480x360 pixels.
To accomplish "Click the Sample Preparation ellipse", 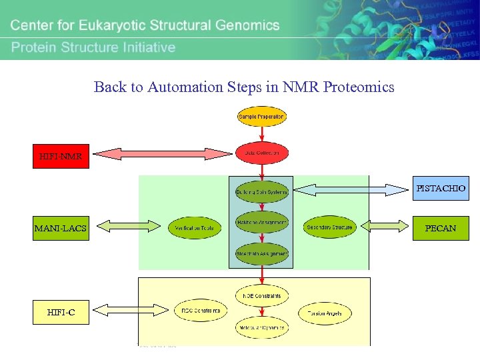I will pos(261,117).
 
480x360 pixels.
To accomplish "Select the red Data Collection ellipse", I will pos(262,153).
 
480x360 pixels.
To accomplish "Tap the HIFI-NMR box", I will pos(61,156).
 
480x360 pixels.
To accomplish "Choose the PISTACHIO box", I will pos(441,189).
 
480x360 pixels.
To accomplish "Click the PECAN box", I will pos(441,228).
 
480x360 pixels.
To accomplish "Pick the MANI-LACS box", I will pos(61,228).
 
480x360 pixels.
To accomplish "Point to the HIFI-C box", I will pos(61,312).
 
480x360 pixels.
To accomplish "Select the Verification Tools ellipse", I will pos(195,228).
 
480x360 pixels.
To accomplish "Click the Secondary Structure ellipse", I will pos(329,227).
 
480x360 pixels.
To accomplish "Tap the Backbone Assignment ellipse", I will pos(261,223).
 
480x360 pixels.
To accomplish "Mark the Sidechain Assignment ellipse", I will pos(261,253).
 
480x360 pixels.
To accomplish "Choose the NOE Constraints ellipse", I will pos(261,295).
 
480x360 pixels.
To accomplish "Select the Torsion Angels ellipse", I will pos(325,313).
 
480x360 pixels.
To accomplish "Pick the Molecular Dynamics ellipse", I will pos(261,327).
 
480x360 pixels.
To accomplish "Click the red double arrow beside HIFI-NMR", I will pos(163,154).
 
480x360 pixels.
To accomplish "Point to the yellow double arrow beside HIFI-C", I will pos(131,309).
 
